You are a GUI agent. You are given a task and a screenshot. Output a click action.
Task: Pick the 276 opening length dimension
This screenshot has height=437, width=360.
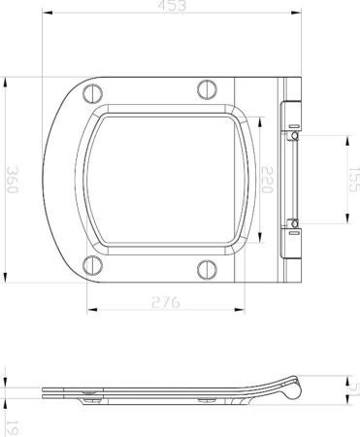(x=166, y=303)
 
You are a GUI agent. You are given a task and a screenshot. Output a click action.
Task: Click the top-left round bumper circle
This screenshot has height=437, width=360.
(x=92, y=94)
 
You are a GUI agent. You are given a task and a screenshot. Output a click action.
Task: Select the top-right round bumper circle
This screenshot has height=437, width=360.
(x=206, y=89)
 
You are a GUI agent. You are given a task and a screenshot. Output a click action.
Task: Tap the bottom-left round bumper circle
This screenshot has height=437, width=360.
(x=92, y=264)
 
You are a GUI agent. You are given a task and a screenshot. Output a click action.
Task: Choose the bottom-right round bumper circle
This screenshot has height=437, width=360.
(x=206, y=269)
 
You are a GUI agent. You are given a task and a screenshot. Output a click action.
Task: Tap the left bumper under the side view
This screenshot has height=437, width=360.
(x=90, y=398)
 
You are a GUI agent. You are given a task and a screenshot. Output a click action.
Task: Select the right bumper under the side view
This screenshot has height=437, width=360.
(x=206, y=398)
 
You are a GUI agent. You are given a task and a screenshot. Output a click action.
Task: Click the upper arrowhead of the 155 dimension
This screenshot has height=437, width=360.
(x=344, y=138)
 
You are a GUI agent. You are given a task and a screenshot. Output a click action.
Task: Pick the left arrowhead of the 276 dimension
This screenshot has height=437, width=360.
(x=90, y=312)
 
